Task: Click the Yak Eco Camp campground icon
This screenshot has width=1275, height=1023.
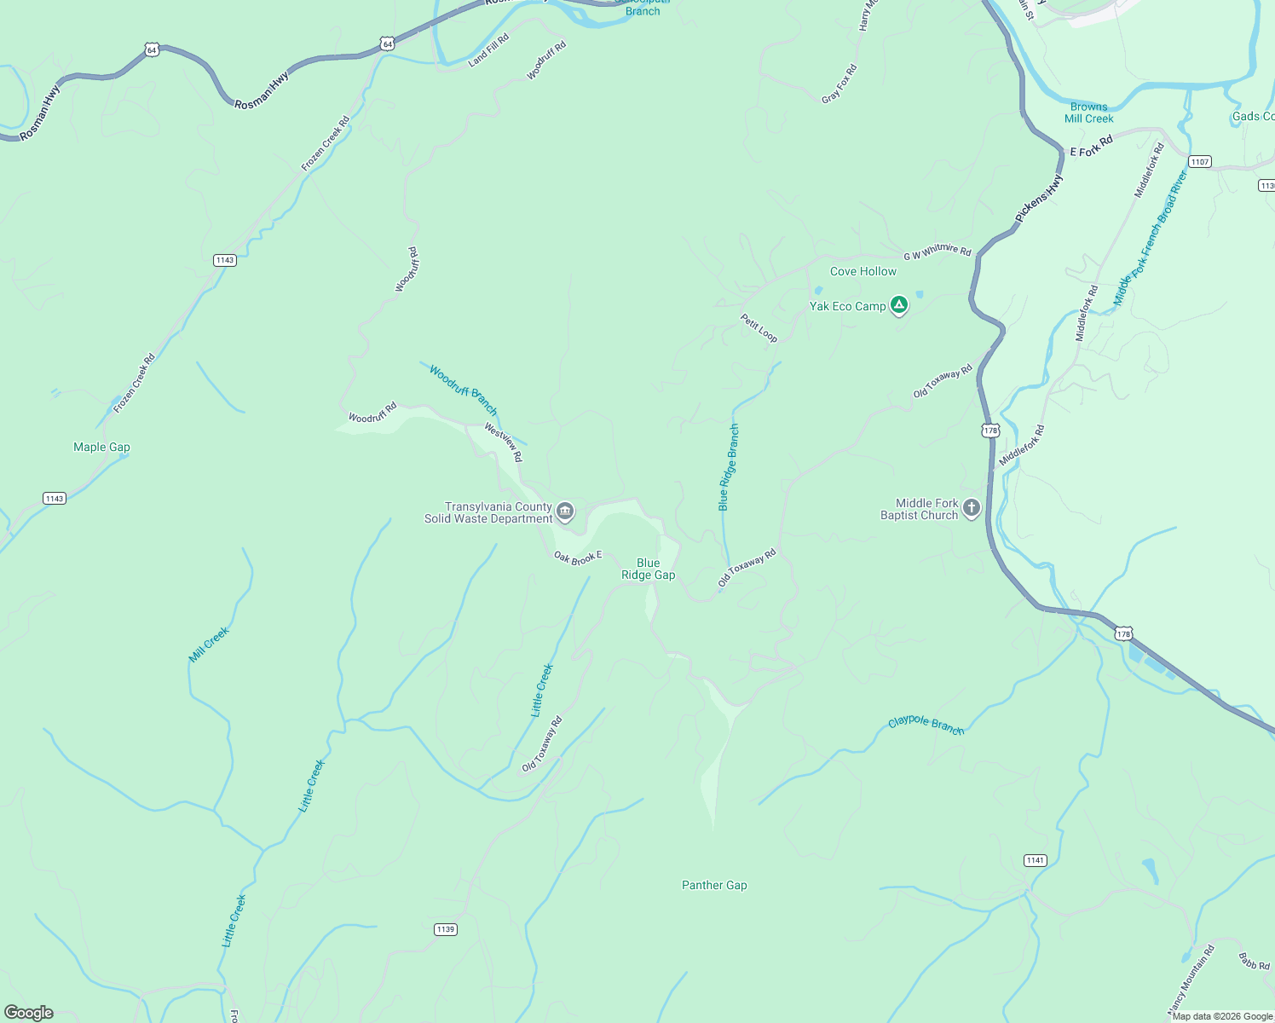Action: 898,305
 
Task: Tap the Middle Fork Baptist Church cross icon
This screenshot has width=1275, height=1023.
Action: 971,509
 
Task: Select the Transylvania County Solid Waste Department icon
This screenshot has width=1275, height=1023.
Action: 564,511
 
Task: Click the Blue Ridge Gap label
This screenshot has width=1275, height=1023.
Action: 648,569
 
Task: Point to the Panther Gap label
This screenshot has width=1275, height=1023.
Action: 714,885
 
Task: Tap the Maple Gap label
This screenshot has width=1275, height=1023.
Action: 101,447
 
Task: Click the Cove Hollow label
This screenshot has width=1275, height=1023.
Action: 862,271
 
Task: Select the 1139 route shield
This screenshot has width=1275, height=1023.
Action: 446,929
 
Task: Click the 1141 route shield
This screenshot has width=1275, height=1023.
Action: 1035,860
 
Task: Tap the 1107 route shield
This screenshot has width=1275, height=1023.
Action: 1199,162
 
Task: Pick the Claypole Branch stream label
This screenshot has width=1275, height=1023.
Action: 926,725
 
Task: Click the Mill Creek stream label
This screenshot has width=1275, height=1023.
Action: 209,644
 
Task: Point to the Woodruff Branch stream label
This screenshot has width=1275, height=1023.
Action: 463,390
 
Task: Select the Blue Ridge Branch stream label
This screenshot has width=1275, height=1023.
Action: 729,467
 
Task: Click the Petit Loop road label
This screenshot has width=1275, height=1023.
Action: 759,328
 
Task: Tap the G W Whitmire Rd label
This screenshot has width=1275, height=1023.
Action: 937,251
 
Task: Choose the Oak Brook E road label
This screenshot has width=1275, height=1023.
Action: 578,558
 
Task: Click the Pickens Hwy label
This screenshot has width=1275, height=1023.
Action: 1039,199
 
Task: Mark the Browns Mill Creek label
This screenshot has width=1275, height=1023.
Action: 1088,113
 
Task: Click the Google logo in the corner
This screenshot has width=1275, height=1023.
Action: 28,1012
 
